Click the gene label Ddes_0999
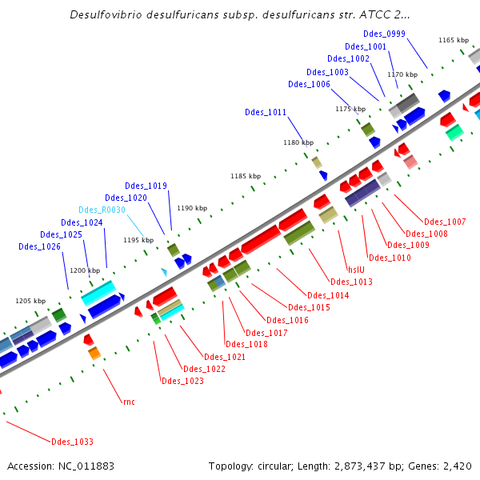point(385,34)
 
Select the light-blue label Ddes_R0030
point(102,210)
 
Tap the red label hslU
point(356,269)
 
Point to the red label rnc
point(129,401)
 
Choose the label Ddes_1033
point(72,442)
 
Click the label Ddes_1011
point(266,113)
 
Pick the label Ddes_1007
point(445,222)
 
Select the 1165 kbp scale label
point(453,40)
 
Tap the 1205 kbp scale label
point(30,301)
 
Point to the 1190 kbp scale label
point(191,208)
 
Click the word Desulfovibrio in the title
point(108,14)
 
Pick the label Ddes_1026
point(39,246)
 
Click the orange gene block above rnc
point(94,353)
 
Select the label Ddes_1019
point(146,186)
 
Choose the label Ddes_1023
point(182,381)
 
